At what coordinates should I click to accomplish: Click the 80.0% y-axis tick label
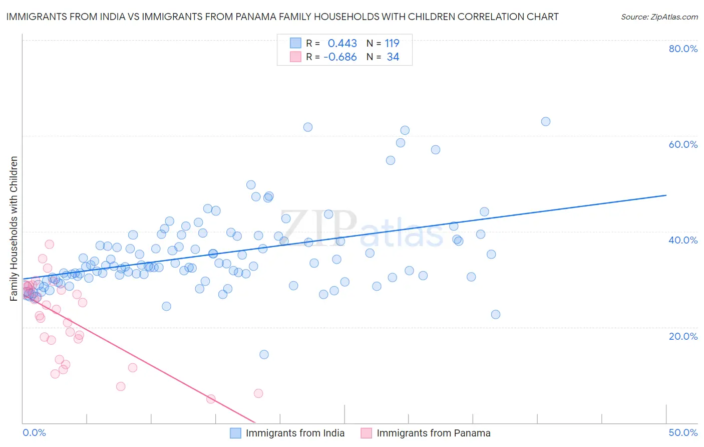[683, 49]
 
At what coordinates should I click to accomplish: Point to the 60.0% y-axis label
[683, 144]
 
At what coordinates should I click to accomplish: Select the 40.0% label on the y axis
[683, 240]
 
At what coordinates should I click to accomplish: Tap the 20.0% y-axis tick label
[683, 336]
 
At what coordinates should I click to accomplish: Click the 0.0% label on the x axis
[34, 432]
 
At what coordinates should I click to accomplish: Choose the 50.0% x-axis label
[683, 432]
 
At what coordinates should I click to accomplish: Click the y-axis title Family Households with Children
[14, 229]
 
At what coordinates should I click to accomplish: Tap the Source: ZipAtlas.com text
[659, 17]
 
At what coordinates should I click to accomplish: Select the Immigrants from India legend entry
[295, 433]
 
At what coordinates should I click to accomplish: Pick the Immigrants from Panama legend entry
[433, 433]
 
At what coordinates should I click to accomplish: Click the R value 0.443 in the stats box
[342, 43]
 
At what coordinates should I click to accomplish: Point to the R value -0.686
[340, 57]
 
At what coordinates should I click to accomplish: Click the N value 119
[392, 43]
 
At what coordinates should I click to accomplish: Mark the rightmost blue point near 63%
[546, 121]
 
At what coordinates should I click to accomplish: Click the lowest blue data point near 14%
[264, 354]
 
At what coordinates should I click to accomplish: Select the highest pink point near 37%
[49, 244]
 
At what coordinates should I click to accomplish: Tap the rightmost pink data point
[258, 393]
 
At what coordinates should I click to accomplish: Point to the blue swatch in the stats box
[295, 43]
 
